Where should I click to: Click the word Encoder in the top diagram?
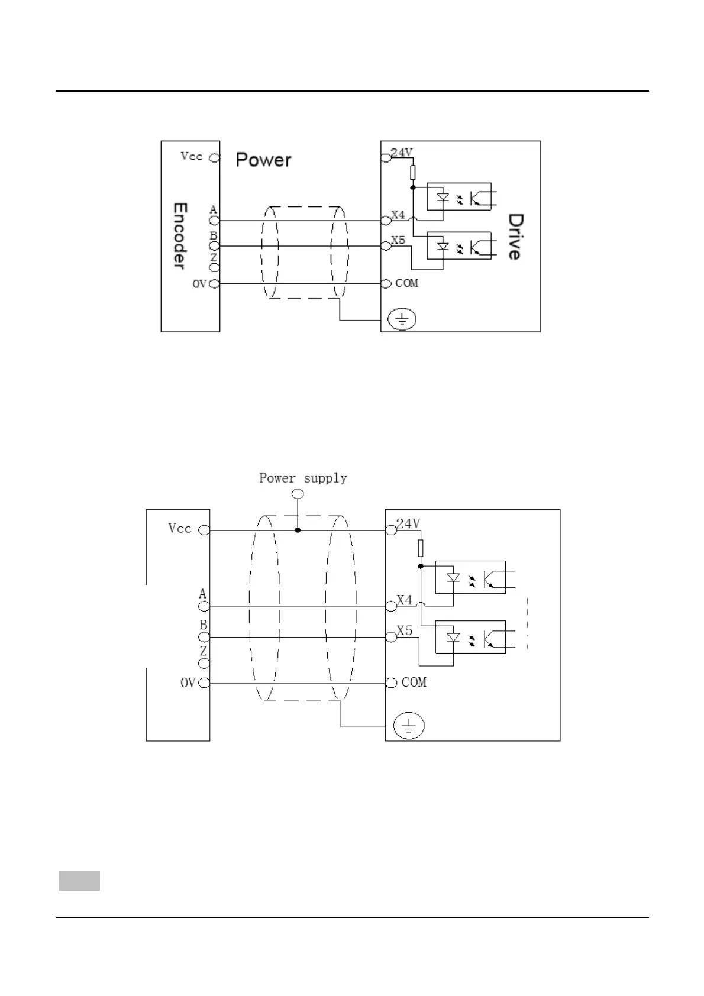180,235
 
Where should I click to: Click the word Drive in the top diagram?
514,237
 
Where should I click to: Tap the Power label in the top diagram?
263,160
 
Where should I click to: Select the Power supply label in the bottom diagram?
303,478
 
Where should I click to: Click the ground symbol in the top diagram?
402,320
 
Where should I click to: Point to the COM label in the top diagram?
407,283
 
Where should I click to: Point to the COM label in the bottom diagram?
414,683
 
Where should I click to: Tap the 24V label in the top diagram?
402,152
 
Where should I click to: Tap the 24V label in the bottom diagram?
408,523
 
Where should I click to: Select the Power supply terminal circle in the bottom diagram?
298,494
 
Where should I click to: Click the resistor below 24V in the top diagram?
412,172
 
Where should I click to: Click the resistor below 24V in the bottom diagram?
421,548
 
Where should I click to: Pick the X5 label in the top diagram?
399,240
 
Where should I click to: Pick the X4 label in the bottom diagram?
405,600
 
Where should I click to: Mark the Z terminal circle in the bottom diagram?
204,663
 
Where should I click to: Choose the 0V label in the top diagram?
199,284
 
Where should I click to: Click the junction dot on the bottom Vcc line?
298,531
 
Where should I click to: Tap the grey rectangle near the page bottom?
79,880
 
